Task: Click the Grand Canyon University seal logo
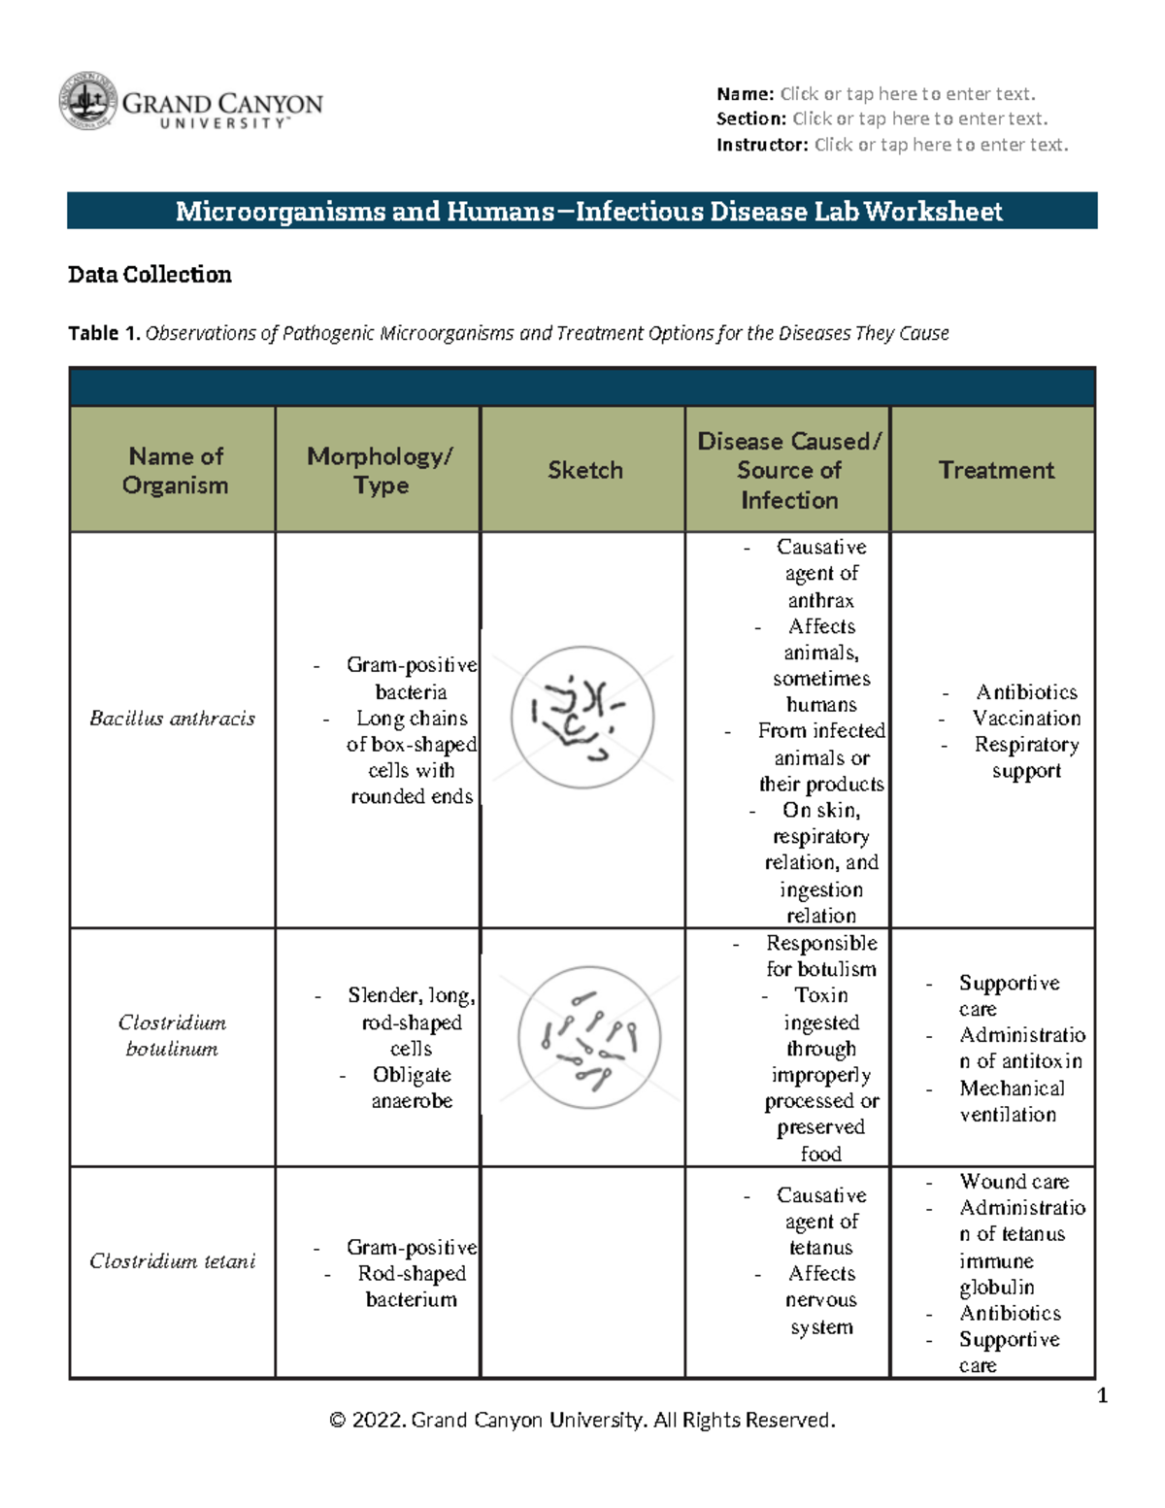[x=88, y=101]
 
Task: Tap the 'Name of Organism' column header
[x=175, y=470]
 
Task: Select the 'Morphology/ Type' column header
[x=380, y=470]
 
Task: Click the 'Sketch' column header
[x=584, y=470]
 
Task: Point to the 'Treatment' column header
[x=995, y=470]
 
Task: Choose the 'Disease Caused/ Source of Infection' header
[x=788, y=470]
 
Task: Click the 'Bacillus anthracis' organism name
[x=172, y=719]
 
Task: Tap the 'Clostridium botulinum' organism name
[x=172, y=1035]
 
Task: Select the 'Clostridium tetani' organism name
[x=172, y=1261]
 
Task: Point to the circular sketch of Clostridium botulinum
[x=589, y=1037]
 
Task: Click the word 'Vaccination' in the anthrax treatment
[x=1026, y=719]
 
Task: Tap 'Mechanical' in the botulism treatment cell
[x=1012, y=1089]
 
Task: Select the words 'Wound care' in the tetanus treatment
[x=1014, y=1182]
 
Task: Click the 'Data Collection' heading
[x=150, y=275]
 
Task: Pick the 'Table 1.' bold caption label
[x=104, y=333]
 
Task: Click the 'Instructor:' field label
[x=761, y=145]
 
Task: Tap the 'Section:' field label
[x=750, y=119]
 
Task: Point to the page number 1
[x=1102, y=1396]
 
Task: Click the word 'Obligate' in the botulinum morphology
[x=412, y=1075]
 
